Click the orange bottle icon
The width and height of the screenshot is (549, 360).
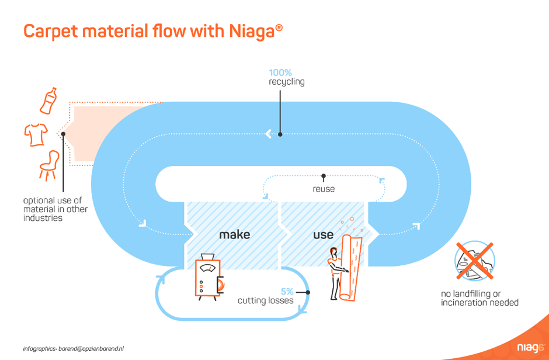click(x=48, y=101)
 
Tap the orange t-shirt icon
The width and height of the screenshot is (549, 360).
click(x=36, y=134)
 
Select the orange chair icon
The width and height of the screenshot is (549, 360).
click(x=49, y=165)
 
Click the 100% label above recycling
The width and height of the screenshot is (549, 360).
click(x=280, y=72)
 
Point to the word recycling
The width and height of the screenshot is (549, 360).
click(x=286, y=82)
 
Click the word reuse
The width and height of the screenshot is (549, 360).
click(x=324, y=189)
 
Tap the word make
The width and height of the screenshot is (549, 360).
click(x=235, y=234)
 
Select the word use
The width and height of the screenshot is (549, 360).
click(x=323, y=234)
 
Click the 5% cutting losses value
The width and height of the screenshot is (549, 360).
click(x=287, y=292)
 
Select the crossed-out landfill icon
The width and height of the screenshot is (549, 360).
click(x=474, y=261)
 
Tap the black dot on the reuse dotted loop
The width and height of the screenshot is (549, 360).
click(x=324, y=176)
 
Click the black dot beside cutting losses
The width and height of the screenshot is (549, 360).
click(x=308, y=292)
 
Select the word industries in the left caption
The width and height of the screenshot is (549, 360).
click(x=43, y=218)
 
